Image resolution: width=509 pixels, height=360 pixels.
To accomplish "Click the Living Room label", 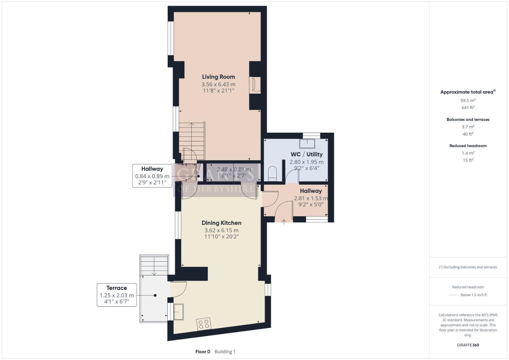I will pyautogui.click(x=218, y=77).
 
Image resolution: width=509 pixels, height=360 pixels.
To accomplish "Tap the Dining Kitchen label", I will pyautogui.click(x=221, y=223).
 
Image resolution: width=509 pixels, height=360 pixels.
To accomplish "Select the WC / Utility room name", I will pyautogui.click(x=306, y=154).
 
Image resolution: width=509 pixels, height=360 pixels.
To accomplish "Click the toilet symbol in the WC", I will pyautogui.click(x=272, y=174).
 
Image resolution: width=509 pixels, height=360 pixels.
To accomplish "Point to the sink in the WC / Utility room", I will pyautogui.click(x=307, y=143).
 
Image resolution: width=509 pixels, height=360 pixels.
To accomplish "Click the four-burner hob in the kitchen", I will pyautogui.click(x=204, y=324).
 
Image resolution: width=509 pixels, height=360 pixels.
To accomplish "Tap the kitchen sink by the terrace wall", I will pyautogui.click(x=178, y=312).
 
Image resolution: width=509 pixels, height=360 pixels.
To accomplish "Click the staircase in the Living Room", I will pyautogui.click(x=192, y=140).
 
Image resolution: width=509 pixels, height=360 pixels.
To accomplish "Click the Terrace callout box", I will pyautogui.click(x=117, y=295).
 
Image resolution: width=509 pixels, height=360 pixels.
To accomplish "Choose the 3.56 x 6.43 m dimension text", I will pyautogui.click(x=218, y=84).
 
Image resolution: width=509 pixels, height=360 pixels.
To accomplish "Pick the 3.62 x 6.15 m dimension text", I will pyautogui.click(x=221, y=230).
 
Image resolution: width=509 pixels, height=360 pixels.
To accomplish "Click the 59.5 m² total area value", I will pyautogui.click(x=468, y=100).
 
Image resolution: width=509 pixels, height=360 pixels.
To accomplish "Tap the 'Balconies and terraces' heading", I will pyautogui.click(x=468, y=119).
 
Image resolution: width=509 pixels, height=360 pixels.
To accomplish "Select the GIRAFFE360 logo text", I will pyautogui.click(x=468, y=345).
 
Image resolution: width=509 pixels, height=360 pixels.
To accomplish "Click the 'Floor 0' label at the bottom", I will pyautogui.click(x=203, y=351).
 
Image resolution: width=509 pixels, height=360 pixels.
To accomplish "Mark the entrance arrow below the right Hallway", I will pyautogui.click(x=284, y=221).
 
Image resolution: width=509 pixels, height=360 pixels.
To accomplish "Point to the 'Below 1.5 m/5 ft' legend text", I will pyautogui.click(x=473, y=295).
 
